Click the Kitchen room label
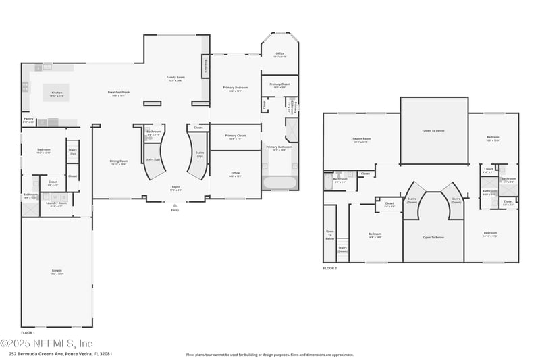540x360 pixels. coord(57,93)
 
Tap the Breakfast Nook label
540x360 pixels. coord(118,93)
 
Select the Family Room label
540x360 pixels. coord(175,78)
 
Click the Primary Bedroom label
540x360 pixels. coord(236,88)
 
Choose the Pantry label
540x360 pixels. coord(28,119)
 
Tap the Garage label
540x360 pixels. coord(57,271)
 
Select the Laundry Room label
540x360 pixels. coord(57,203)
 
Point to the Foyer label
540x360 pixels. coord(175,187)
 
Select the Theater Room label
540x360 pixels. coord(362,140)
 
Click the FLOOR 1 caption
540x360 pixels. coord(28,332)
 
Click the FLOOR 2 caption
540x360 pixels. coord(330,268)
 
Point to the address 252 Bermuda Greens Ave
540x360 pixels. coord(60,353)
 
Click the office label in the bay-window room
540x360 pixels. coord(279,54)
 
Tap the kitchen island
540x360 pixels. coord(57,92)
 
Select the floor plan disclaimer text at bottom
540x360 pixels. coord(269,354)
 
